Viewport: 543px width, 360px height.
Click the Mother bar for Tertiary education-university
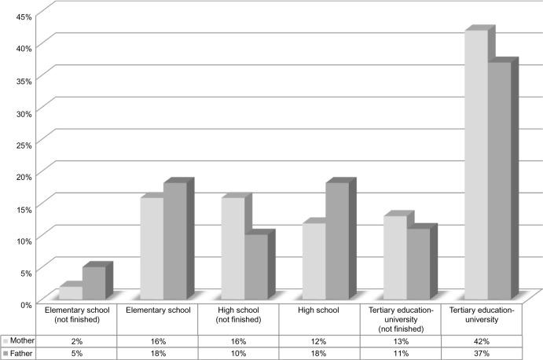[x=475, y=166]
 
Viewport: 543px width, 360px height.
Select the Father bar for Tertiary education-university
[x=499, y=181]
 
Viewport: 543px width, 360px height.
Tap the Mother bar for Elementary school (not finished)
[x=71, y=293]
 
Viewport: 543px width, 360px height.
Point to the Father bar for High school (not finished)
[x=256, y=268]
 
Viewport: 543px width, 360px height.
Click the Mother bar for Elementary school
[x=152, y=249]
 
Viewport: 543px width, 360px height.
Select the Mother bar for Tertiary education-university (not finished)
[x=394, y=259]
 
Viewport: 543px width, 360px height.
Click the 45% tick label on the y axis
[x=21, y=17]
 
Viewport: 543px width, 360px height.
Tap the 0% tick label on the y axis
[x=24, y=303]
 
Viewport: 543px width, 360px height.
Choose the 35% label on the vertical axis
[x=21, y=80]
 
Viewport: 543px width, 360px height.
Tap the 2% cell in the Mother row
[x=77, y=341]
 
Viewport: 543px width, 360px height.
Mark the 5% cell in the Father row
[x=77, y=354]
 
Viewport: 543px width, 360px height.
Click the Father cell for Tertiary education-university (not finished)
[x=400, y=354]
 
